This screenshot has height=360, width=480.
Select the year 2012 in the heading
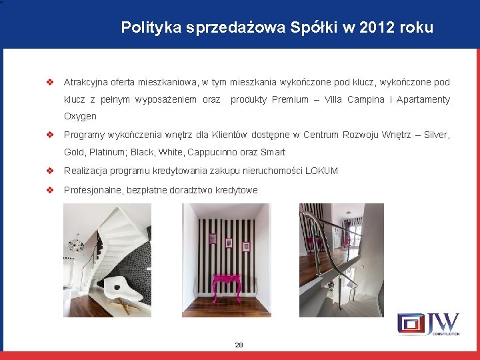click(383, 28)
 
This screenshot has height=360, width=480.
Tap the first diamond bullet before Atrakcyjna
click(49, 83)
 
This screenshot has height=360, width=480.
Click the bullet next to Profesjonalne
click(49, 190)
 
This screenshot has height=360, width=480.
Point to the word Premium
click(290, 100)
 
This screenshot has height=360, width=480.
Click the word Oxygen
click(80, 117)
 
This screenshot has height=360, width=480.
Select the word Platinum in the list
click(108, 152)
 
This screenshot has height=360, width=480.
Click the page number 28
click(239, 345)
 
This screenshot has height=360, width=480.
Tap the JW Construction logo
click(428, 323)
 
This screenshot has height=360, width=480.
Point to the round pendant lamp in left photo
click(77, 245)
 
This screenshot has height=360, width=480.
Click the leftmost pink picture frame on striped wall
click(212, 238)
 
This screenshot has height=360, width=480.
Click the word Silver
click(437, 135)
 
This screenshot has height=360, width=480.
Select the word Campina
click(364, 100)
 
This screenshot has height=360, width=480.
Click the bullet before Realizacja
click(49, 171)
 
